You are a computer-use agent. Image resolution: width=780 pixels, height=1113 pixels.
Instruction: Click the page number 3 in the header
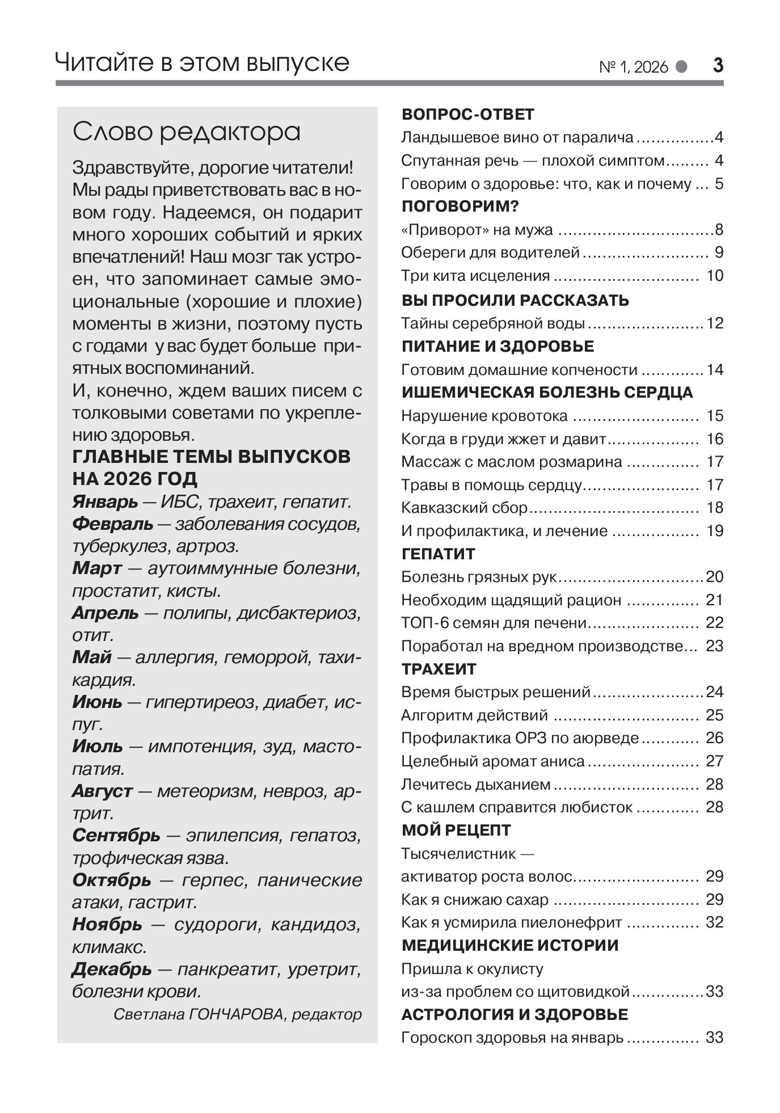tap(718, 66)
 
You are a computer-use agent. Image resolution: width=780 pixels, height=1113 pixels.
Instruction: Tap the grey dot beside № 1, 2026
tap(681, 67)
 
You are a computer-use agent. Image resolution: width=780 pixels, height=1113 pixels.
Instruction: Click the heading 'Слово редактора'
tap(187, 132)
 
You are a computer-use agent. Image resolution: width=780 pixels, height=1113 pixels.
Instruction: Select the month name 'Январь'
tap(105, 502)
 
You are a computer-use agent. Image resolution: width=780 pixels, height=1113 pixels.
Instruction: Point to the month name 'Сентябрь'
tap(116, 836)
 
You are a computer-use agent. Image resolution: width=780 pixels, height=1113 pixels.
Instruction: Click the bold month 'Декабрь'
tap(112, 969)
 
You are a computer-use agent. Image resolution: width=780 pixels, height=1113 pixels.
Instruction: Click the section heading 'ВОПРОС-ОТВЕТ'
tap(468, 115)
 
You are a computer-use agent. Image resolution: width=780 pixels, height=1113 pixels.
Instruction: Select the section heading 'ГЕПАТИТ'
tap(439, 554)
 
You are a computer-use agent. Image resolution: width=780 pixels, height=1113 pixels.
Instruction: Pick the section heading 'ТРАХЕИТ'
tap(439, 669)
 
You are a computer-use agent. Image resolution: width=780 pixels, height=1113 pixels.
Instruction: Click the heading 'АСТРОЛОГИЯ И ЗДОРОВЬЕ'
tap(515, 1014)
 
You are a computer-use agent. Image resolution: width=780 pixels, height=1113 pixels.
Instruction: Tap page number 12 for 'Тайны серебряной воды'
tap(715, 323)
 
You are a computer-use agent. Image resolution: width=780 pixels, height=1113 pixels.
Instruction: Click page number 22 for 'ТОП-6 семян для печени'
tap(715, 623)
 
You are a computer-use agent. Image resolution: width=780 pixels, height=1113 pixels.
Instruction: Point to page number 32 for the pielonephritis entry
tap(715, 922)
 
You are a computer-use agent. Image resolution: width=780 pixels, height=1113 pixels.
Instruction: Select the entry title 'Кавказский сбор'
tap(464, 508)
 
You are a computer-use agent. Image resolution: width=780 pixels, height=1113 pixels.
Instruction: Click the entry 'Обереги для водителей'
tap(490, 252)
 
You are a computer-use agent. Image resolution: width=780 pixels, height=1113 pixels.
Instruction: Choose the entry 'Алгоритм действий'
tap(474, 715)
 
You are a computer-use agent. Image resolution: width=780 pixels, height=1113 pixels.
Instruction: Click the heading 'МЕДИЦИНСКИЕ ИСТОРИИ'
tap(510, 946)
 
